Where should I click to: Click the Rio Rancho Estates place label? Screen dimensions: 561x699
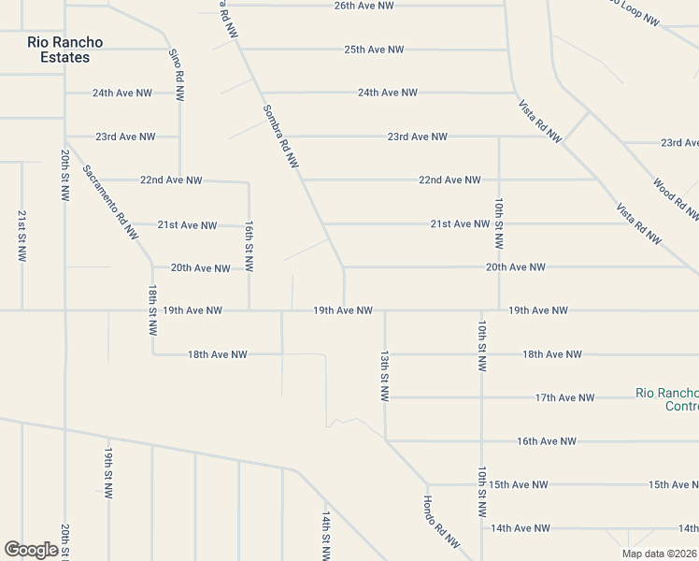(64, 50)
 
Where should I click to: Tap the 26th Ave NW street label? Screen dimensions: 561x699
(364, 6)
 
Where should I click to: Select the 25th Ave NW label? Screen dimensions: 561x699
(374, 50)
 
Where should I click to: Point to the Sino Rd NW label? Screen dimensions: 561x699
(176, 73)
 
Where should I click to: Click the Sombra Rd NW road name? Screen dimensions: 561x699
(279, 137)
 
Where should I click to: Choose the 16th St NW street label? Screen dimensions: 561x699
(249, 247)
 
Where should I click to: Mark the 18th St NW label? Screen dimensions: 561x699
(152, 312)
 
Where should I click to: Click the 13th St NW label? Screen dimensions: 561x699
(384, 376)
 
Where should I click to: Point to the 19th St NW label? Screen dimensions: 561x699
(108, 472)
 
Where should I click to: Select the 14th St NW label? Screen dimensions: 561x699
(326, 535)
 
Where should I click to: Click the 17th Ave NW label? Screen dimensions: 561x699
(564, 397)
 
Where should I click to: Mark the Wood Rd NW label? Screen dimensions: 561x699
(675, 199)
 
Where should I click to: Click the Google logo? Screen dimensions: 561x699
(31, 550)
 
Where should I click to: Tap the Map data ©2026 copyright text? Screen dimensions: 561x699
(659, 554)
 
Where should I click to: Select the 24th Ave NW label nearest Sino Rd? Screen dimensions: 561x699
(121, 93)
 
